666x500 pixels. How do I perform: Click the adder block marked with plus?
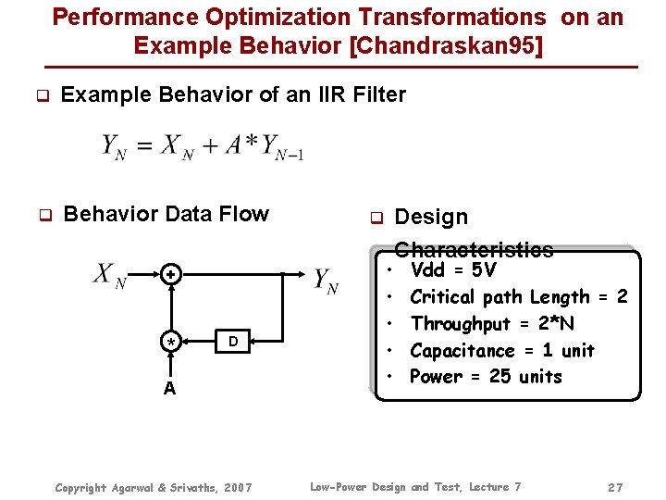170,275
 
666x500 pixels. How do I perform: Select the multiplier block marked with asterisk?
170,343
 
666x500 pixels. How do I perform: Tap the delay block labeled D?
233,343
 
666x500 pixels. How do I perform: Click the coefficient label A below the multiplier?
169,388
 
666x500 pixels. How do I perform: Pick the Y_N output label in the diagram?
326,281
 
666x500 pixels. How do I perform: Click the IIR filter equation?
203,146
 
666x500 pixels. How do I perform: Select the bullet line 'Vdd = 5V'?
453,270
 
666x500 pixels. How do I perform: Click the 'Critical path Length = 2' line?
518,297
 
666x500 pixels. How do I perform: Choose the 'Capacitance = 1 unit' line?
501,351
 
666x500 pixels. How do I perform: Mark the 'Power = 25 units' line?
486,377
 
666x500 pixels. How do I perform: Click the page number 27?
615,487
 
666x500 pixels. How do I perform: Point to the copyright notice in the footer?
154,487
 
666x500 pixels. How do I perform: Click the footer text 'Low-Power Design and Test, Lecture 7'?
415,487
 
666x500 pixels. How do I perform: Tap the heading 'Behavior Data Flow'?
166,215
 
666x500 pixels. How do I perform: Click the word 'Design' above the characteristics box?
431,217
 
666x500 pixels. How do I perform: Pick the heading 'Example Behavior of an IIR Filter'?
233,94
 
